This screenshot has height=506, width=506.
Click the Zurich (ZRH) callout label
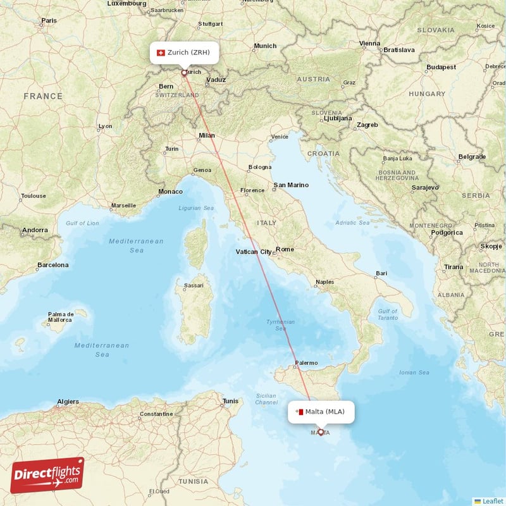tap(184, 52)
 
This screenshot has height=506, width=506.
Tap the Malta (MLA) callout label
tap(321, 412)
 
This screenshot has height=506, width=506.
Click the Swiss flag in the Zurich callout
tap(161, 52)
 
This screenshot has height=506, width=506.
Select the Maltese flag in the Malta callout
tap(299, 412)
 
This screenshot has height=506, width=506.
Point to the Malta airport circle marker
tap(321, 433)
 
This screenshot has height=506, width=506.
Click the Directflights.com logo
tap(47, 475)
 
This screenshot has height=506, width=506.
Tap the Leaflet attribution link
tap(492, 500)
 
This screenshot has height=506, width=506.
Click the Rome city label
tap(285, 249)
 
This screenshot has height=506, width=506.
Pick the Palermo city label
tap(305, 363)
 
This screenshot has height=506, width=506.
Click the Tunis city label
tap(231, 401)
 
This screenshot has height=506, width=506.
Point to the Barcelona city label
tap(52, 265)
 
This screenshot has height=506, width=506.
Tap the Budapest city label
tap(441, 67)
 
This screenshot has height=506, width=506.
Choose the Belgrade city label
tap(472, 157)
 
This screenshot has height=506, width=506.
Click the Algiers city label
tap(68, 402)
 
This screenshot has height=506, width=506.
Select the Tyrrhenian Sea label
tap(280, 325)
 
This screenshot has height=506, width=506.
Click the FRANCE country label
tap(43, 96)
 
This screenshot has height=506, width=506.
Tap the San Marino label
tap(291, 185)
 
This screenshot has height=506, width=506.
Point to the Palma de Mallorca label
tap(61, 317)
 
